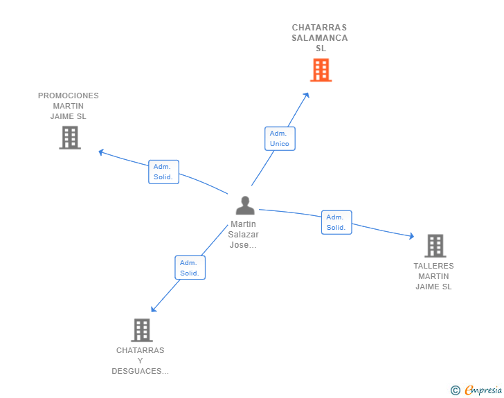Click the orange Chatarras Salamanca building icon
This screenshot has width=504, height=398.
(321, 70)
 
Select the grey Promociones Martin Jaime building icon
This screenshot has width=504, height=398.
(69, 138)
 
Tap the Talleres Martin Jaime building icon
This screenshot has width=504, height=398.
(435, 246)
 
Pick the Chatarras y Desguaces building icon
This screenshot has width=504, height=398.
(141, 330)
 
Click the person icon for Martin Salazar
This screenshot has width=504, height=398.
(245, 206)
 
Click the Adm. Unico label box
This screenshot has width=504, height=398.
(280, 138)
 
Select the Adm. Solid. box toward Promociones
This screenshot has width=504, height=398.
(163, 172)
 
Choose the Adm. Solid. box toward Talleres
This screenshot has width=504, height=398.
(336, 222)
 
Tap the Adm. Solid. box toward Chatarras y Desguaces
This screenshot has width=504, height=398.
(190, 268)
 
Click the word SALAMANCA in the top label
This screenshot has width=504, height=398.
(320, 38)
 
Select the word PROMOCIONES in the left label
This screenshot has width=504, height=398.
(69, 96)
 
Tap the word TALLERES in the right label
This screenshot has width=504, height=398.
(433, 266)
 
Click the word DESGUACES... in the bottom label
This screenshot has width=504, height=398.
(141, 371)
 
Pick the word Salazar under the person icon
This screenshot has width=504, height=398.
(244, 235)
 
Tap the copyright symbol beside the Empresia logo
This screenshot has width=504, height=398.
(456, 390)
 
